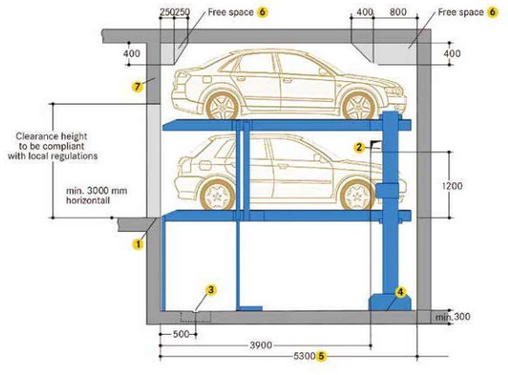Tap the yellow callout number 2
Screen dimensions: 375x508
pos(359,148)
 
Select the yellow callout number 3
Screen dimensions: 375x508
pos(210,290)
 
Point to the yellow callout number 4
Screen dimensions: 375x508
pos(401,292)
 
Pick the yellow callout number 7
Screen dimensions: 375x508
pos(136,86)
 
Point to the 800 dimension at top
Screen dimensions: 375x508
pos(397,14)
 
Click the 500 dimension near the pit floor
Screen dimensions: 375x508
pos(180,333)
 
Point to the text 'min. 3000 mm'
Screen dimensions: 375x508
pos(96,188)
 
